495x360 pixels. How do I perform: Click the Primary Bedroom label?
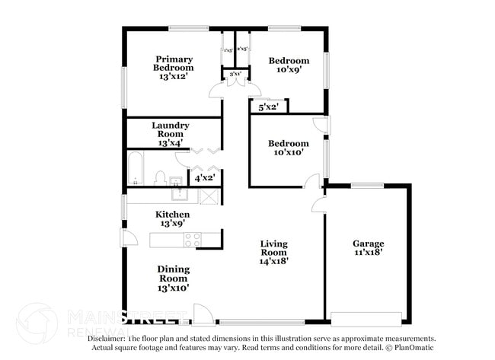[174, 68]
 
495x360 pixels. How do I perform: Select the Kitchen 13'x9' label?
[172, 219]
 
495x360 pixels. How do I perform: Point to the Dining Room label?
[174, 278]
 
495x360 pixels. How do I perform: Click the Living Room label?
[273, 252]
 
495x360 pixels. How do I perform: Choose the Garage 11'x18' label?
[368, 249]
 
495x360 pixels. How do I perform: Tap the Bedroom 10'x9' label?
[289, 65]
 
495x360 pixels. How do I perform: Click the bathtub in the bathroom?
[135, 170]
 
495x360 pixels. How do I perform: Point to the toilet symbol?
[160, 178]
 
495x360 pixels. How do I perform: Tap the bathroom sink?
[176, 181]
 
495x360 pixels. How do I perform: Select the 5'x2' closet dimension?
[267, 108]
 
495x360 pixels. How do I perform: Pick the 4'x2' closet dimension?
[204, 177]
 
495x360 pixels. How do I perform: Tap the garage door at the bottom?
[366, 317]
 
